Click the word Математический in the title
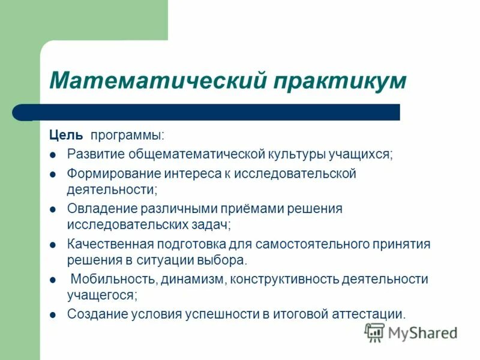(x=157, y=80)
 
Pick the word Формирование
(x=112, y=174)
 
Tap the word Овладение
(x=101, y=209)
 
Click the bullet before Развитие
(x=53, y=155)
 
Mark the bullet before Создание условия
(x=53, y=314)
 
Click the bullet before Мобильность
(x=53, y=280)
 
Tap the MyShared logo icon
(x=375, y=332)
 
